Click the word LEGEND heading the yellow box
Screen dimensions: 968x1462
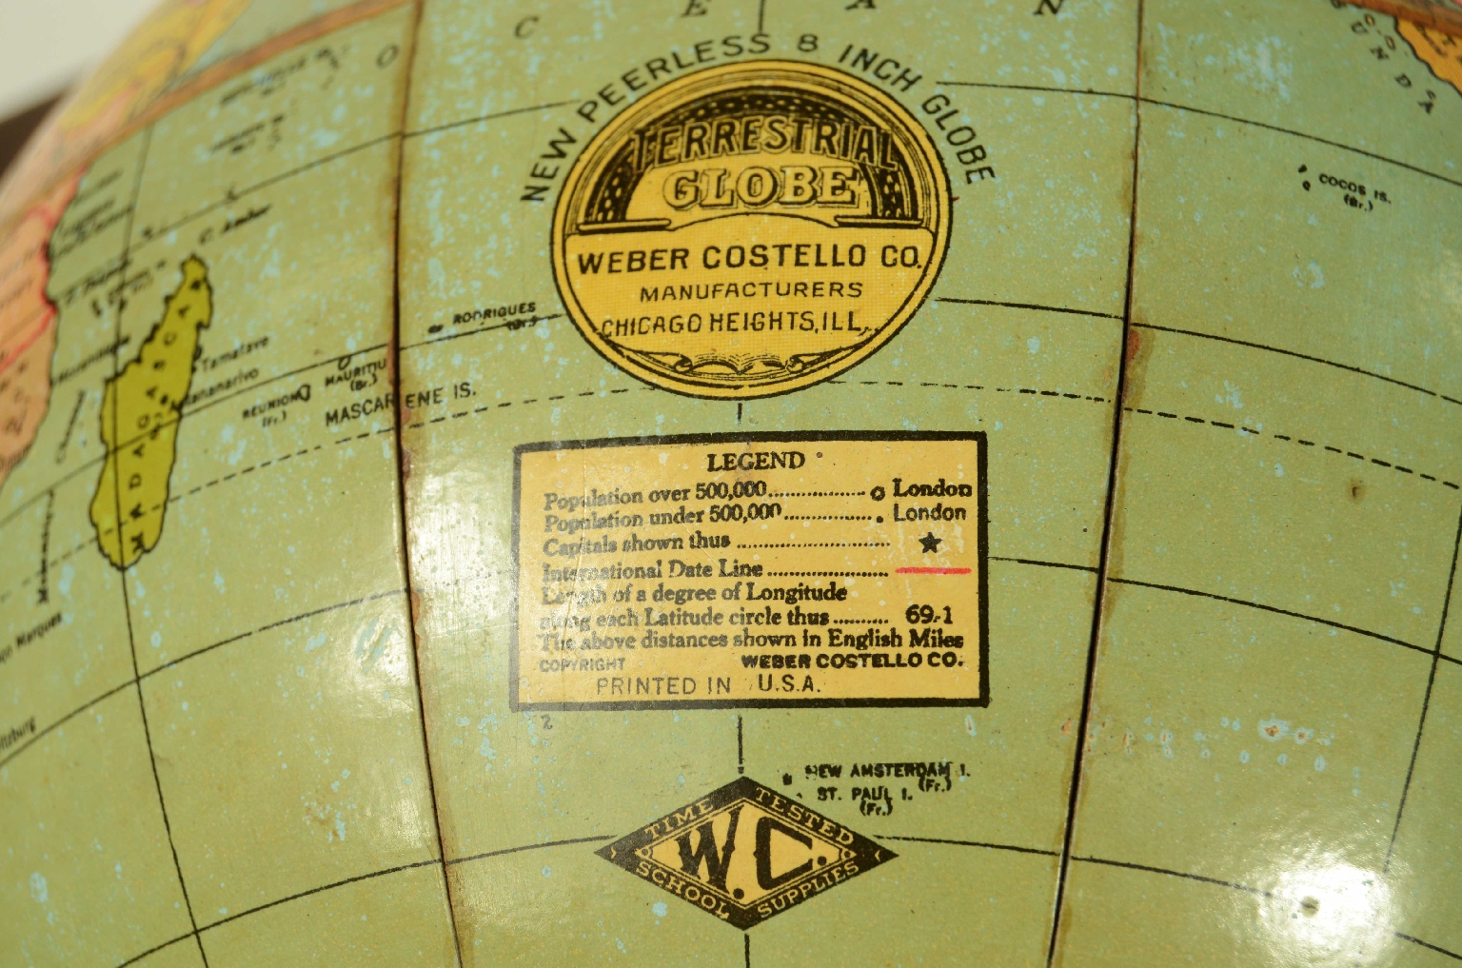pos(755,462)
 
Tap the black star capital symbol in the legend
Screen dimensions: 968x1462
pos(930,543)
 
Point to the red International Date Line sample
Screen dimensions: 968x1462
pos(933,571)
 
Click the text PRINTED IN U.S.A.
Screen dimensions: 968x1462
pos(707,685)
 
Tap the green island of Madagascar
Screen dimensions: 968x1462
pos(152,419)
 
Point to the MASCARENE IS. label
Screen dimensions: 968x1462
pos(398,405)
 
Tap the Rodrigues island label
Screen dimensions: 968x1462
pos(493,315)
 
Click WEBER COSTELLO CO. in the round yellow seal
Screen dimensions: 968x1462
pos(749,258)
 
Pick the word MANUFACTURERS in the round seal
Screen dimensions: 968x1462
pos(751,291)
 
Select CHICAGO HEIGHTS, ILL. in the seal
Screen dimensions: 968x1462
pos(732,323)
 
